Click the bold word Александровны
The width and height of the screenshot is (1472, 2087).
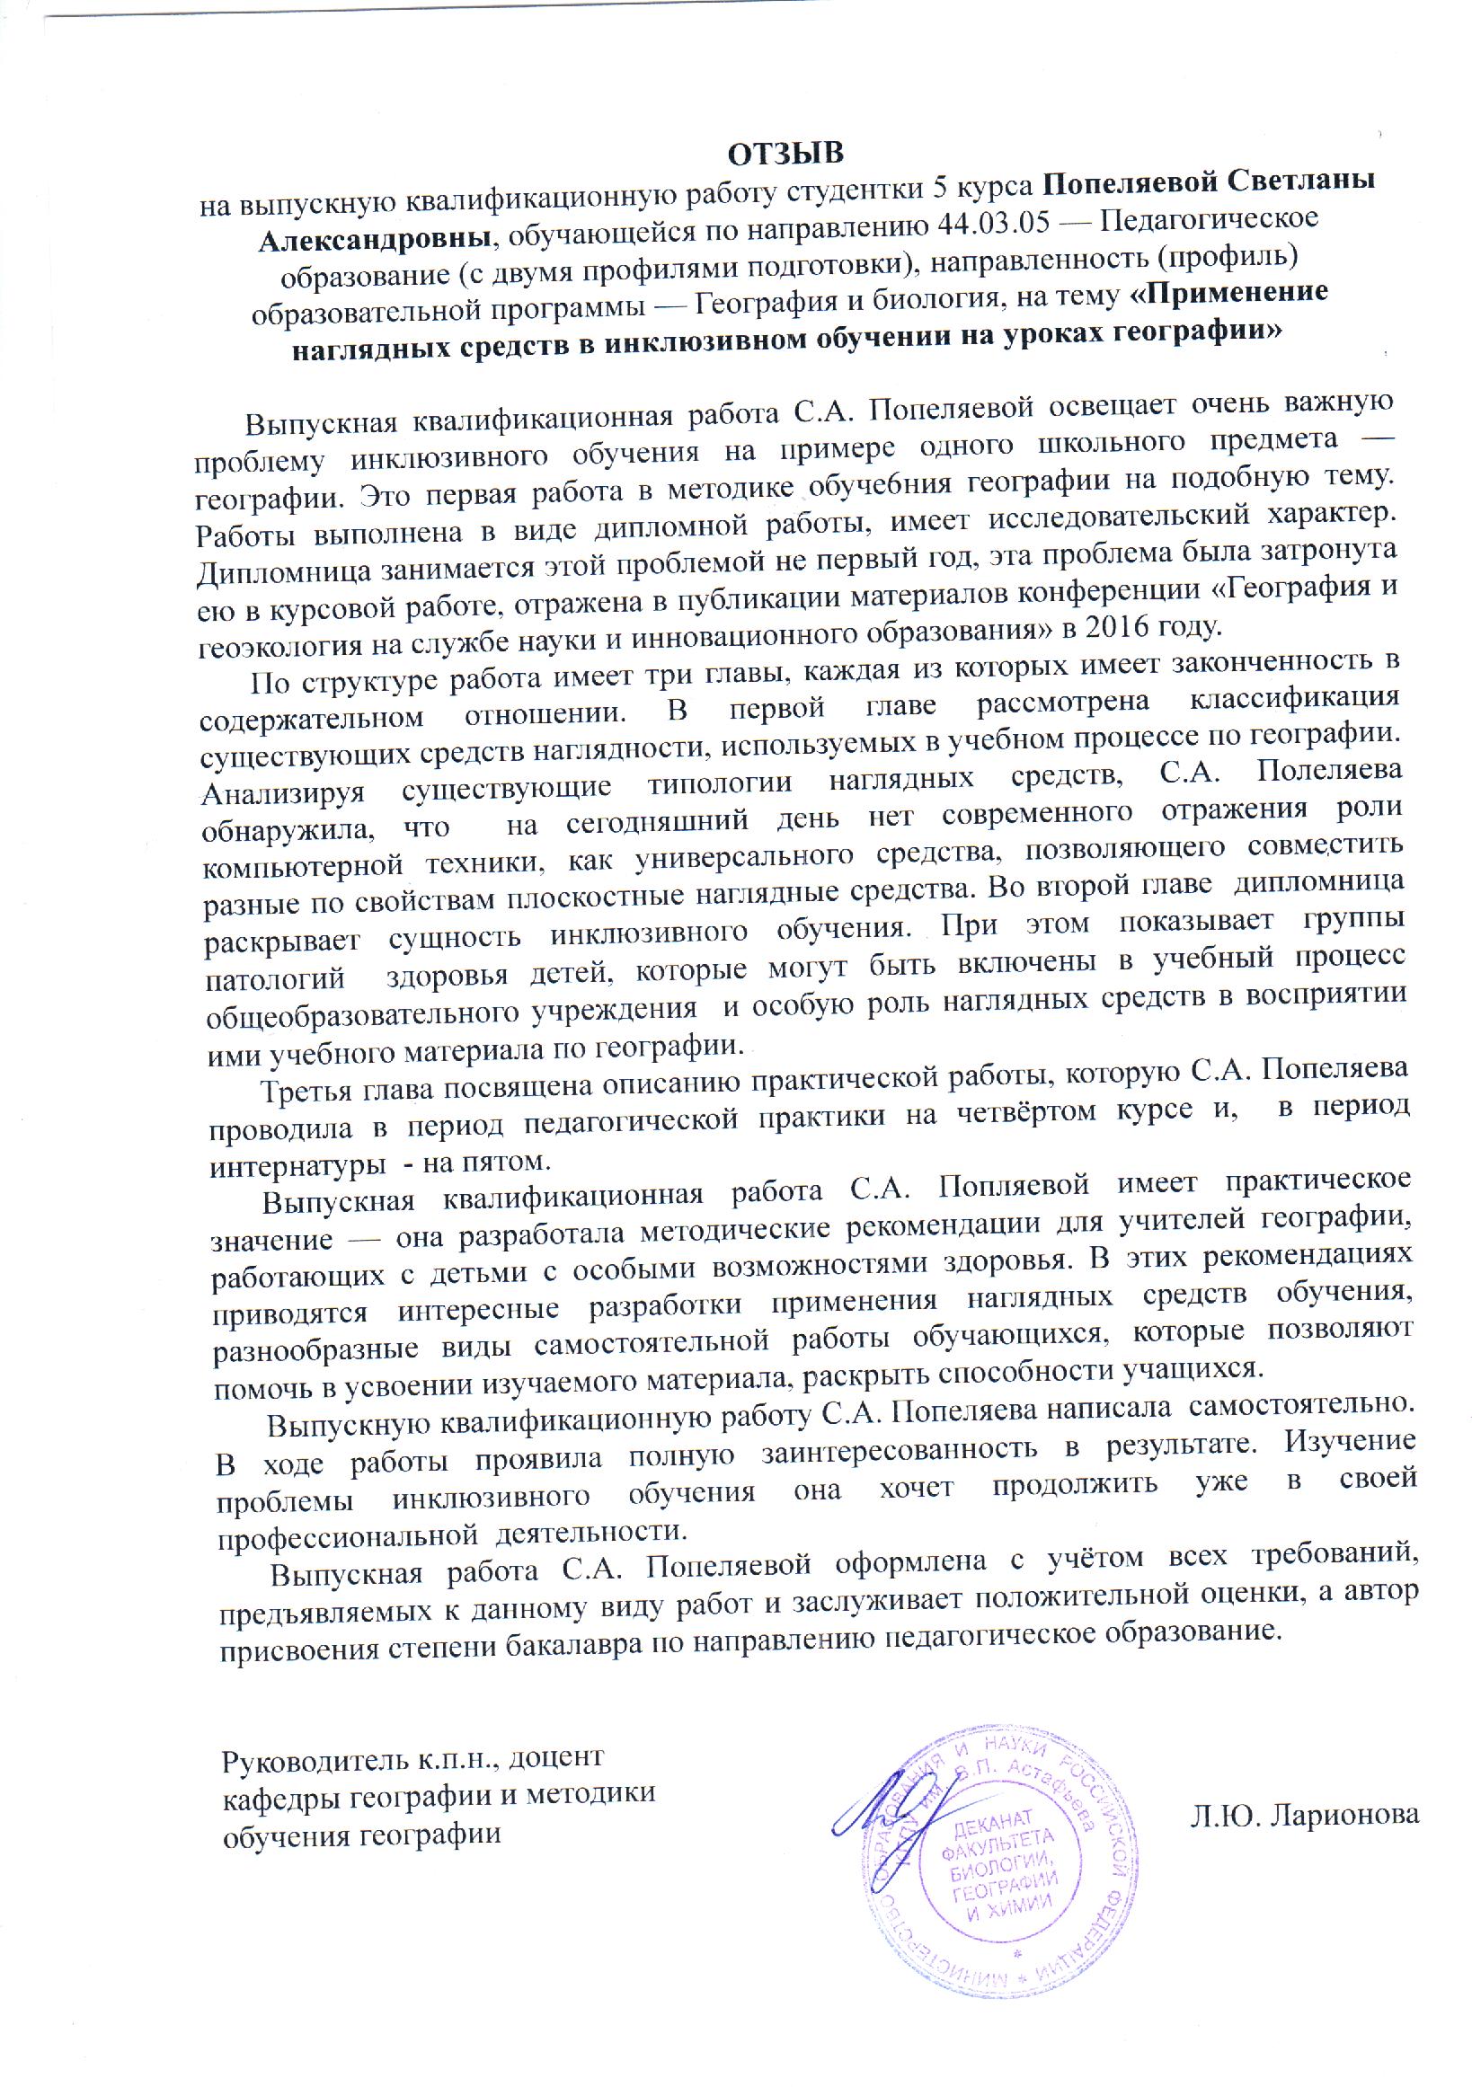377,238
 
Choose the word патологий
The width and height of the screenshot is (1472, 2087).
276,980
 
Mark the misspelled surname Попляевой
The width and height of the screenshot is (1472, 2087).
1014,1186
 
